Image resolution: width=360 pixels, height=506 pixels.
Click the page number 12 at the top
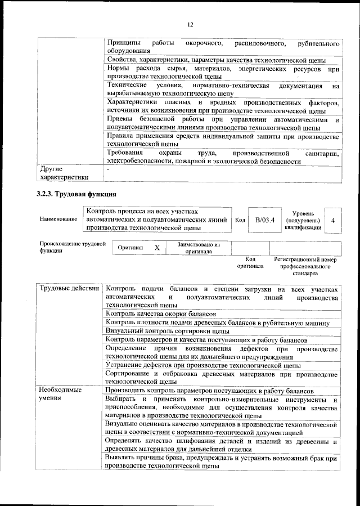tap(190, 24)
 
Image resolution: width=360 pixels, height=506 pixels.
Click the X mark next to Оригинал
tap(157, 248)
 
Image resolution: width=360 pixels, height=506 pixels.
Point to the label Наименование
tap(58, 220)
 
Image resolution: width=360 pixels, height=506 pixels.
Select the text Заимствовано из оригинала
tap(199, 248)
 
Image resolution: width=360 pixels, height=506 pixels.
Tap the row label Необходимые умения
tap(60, 395)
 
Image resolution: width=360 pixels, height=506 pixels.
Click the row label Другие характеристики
tap(63, 172)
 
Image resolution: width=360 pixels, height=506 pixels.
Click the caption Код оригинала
tap(246, 262)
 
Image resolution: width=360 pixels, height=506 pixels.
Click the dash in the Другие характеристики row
tap(108, 168)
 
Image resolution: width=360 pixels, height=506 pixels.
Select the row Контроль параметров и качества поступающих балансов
tap(206, 341)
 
